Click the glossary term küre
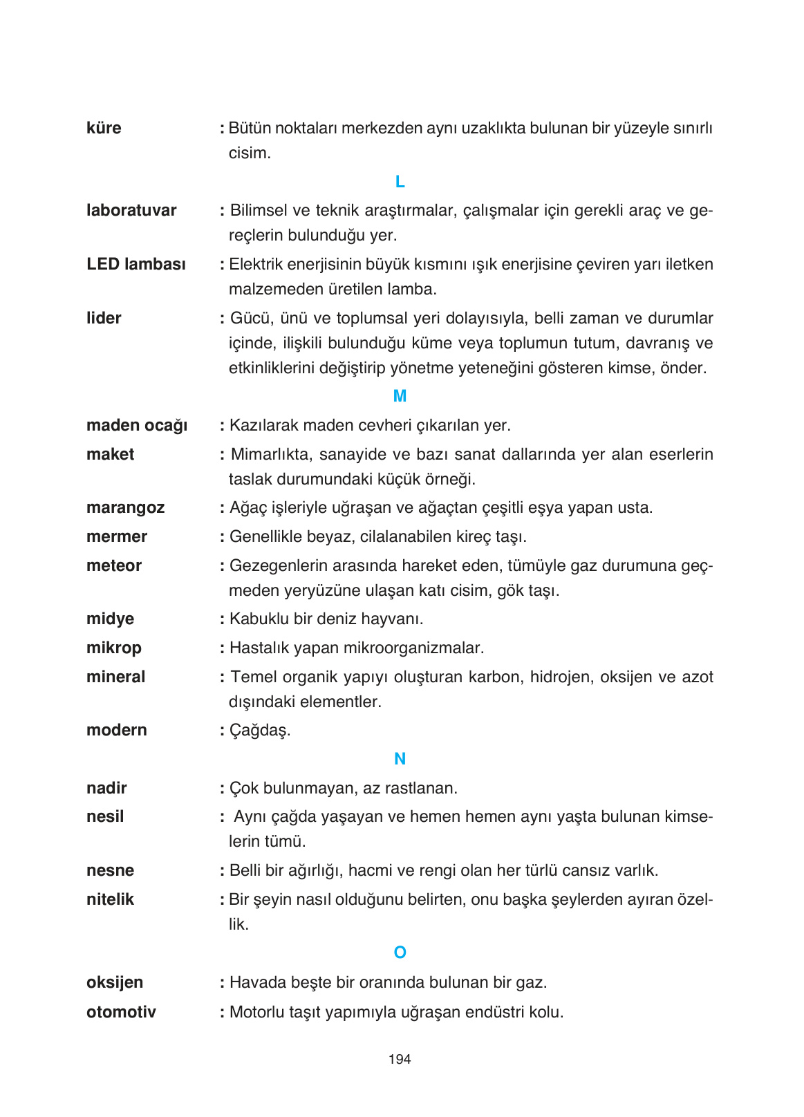tap(104, 129)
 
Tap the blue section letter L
tap(400, 182)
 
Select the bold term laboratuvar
tap(131, 211)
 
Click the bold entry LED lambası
tap(136, 265)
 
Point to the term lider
tap(104, 319)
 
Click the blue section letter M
tap(400, 396)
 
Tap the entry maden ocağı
tap(137, 426)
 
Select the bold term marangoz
tap(125, 508)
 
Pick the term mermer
tap(117, 537)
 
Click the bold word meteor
tap(114, 566)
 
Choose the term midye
tap(110, 619)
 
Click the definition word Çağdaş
tap(260, 731)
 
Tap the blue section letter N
tap(400, 759)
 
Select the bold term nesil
tap(105, 817)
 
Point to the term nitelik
tap(110, 900)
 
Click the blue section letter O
tap(400, 952)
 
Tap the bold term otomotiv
tap(121, 1013)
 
